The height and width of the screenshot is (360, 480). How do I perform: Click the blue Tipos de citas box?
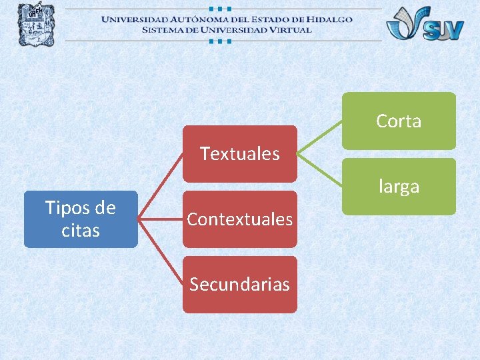(x=81, y=219)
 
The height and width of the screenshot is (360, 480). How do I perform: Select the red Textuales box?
(x=239, y=153)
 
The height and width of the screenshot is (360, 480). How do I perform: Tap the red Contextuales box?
(x=239, y=219)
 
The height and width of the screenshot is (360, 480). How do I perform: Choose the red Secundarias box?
(x=239, y=284)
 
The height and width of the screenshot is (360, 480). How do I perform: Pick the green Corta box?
(x=399, y=121)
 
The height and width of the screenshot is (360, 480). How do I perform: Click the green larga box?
(x=399, y=186)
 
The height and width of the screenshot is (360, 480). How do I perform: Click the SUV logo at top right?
(x=425, y=24)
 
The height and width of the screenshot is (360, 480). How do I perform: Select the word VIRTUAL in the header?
(x=284, y=29)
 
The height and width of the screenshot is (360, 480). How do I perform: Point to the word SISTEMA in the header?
(x=164, y=29)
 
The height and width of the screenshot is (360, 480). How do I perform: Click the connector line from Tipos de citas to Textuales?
(x=161, y=187)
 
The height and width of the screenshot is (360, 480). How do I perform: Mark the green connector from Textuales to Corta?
(x=320, y=137)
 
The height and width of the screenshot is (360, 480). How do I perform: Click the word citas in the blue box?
(x=81, y=231)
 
